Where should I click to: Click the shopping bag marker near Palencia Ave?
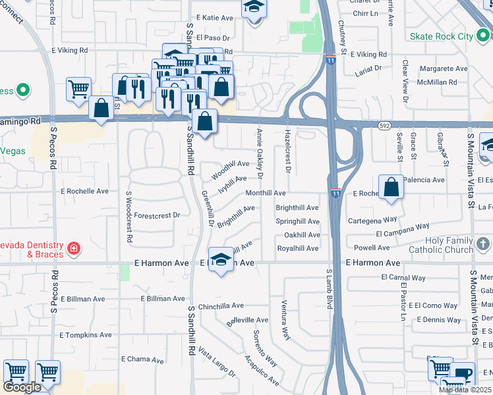coord(391,187)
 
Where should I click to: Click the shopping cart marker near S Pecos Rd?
coord(78,89)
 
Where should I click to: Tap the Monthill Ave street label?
coord(265,193)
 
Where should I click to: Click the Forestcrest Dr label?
coord(157,215)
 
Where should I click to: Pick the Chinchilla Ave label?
coord(221,305)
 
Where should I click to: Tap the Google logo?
coord(22,387)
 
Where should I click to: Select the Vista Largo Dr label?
coord(217,363)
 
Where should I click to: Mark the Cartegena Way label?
coord(372,220)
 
